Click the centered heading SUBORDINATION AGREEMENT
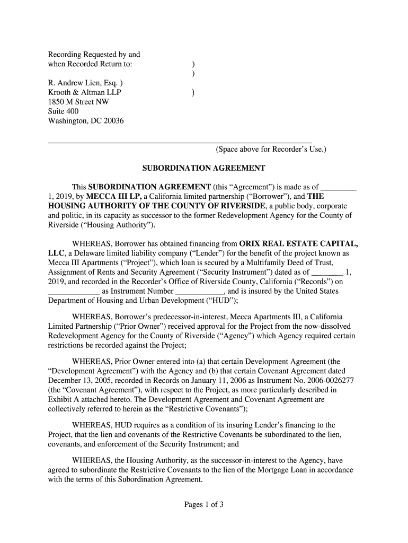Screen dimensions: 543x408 tap(204, 168)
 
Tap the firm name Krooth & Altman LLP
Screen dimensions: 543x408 tap(84, 92)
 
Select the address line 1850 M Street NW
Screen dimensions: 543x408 tap(78, 102)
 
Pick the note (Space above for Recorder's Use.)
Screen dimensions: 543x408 tap(271, 150)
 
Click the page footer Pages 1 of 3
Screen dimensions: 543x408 tap(204, 505)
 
